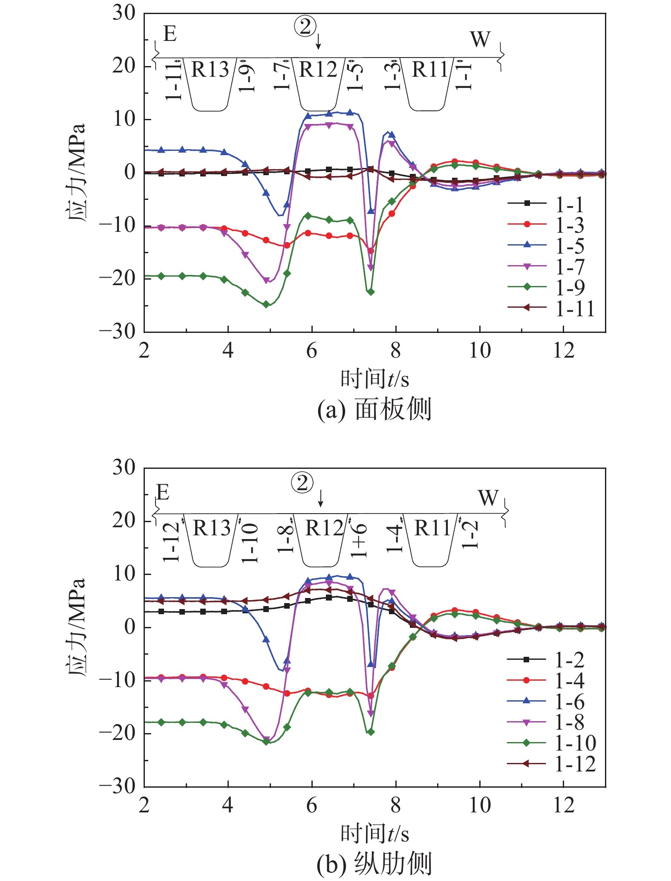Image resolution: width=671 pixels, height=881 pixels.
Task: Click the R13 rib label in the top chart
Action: click(210, 69)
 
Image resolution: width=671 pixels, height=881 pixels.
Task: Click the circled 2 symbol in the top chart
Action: click(305, 28)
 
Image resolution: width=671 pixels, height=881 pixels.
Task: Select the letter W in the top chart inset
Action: click(480, 40)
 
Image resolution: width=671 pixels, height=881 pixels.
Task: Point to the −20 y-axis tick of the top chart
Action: click(117, 279)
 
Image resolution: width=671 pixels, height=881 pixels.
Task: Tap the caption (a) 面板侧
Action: click(374, 410)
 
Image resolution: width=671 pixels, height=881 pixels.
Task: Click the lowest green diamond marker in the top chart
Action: click(266, 304)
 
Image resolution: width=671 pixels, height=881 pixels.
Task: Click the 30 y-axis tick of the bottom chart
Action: click(124, 468)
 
